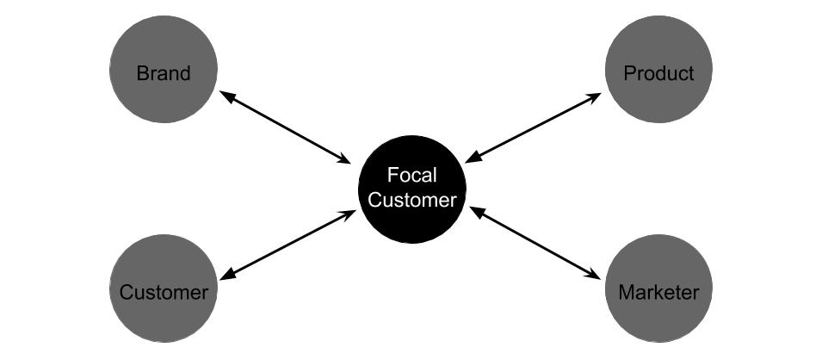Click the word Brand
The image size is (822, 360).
[164, 73]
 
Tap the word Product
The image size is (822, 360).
[658, 73]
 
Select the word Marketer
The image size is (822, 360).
[658, 292]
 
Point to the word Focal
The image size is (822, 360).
[411, 175]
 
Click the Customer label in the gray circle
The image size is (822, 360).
[164, 292]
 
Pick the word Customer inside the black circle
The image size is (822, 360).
[411, 200]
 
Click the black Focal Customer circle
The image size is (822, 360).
[412, 189]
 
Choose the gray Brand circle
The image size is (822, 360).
[164, 69]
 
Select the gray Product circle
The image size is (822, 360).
[658, 69]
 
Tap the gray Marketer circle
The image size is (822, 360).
[658, 289]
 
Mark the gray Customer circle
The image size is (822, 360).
[164, 289]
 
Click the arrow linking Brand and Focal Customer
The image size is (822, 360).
[285, 127]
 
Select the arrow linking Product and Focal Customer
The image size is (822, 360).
[533, 128]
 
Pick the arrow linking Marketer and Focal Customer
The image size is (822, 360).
[535, 243]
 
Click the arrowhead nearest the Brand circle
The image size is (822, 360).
[226, 95]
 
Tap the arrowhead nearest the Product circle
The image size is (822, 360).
[594, 97]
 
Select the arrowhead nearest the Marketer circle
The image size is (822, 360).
[593, 275]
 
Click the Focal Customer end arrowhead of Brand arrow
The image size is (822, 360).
[343, 159]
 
